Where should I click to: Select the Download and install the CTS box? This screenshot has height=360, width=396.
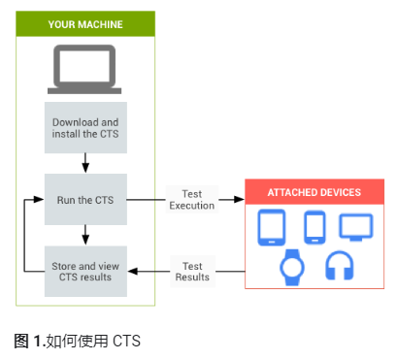coord(85,126)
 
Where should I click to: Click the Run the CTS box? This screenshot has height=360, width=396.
coord(85,200)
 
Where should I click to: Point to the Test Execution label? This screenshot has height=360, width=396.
coord(191,199)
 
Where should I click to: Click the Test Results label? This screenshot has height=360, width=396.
coord(191,271)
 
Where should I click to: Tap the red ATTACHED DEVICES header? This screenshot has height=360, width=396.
coord(314,192)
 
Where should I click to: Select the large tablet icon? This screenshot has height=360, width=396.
coord(273,228)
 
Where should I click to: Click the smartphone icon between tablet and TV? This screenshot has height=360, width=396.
coord(314,227)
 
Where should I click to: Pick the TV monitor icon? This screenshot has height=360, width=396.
coord(354,227)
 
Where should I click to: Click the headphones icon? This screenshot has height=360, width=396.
coord(338,266)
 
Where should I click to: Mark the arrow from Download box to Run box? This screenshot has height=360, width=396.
coord(85,162)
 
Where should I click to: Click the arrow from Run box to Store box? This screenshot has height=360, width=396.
coord(85,234)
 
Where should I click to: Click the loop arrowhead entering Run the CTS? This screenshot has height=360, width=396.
coord(39,200)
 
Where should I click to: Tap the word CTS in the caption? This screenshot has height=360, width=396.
coord(127,341)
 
